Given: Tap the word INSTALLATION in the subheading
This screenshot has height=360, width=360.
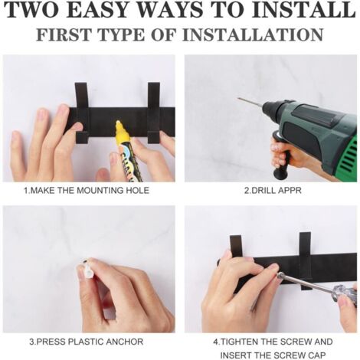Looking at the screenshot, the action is (253, 34).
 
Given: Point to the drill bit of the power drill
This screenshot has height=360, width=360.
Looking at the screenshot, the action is (250, 102).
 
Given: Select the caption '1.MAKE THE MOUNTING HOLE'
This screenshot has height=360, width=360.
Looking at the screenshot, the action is (87, 191).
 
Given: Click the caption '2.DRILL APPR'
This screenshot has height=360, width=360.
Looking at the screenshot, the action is (273, 191).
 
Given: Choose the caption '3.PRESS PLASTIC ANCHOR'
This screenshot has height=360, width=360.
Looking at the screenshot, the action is (87, 342).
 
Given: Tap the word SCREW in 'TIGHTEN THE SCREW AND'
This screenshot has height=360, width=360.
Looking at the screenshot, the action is (296, 342).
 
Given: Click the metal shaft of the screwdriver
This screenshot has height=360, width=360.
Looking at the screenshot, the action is (306, 282).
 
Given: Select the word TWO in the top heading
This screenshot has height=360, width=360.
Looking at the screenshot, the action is (34, 10).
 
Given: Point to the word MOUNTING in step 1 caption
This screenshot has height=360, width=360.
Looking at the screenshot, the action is (100, 191).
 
